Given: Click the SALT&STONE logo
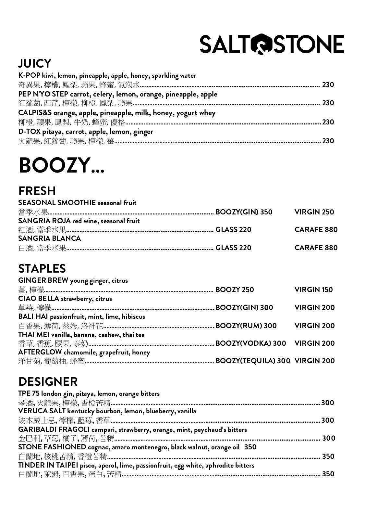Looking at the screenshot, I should pyautogui.click(x=272, y=44).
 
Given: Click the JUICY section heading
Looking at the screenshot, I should pyautogui.click(x=35, y=63).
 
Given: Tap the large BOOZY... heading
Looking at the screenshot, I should pyautogui.click(x=62, y=165).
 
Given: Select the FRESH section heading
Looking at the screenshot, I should pyautogui.click(x=37, y=191).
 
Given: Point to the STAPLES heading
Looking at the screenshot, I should pyautogui.click(x=42, y=268).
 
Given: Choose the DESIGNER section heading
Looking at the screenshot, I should pyautogui.click(x=48, y=381).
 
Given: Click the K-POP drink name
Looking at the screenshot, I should pyautogui.click(x=29, y=76).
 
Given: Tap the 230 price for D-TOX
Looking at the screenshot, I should pyautogui.click(x=328, y=141).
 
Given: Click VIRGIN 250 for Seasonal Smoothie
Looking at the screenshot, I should pyautogui.click(x=314, y=212).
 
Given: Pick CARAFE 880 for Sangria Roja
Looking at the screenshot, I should pyautogui.click(x=316, y=229).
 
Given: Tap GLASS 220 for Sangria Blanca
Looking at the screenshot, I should pyautogui.click(x=233, y=248).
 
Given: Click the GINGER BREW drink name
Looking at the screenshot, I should pyautogui.click(x=43, y=280).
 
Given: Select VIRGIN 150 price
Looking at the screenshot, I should pyautogui.click(x=313, y=290).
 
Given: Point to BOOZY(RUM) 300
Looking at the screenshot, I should pyautogui.click(x=246, y=326).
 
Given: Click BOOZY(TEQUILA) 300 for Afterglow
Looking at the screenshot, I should pyautogui.click(x=253, y=361).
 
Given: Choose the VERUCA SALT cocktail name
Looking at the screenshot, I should pyautogui.click(x=42, y=411).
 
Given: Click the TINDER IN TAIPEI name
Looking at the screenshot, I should pyautogui.click(x=48, y=465).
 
